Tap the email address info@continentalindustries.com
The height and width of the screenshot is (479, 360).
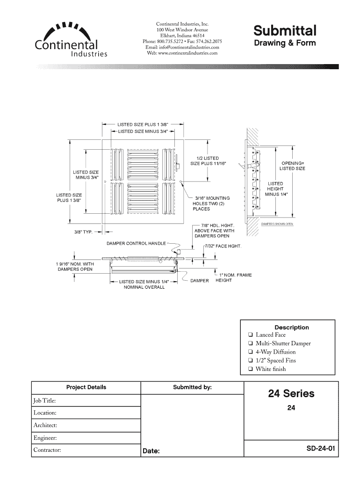[182, 47]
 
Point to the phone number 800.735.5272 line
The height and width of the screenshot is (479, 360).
[182, 41]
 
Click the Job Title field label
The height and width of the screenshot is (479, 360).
[45, 400]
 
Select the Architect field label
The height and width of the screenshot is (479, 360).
[45, 425]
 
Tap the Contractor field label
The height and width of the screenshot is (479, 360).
[47, 450]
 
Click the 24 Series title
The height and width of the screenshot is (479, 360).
[291, 394]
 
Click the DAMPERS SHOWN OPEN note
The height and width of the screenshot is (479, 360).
[277, 224]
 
